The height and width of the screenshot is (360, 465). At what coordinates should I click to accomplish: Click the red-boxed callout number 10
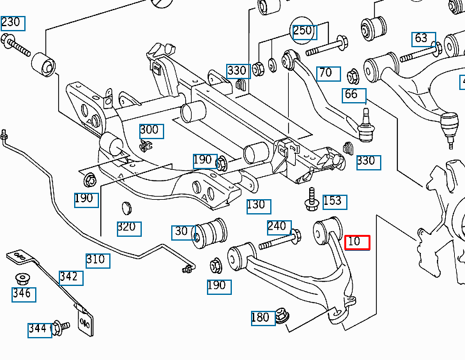[x=357, y=242]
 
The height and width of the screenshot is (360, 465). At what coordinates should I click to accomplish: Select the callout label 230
[x=11, y=22]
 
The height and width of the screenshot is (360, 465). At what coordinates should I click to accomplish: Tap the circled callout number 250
[x=303, y=31]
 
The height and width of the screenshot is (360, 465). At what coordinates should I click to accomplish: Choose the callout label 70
[x=326, y=73]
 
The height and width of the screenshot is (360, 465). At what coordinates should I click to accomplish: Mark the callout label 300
[x=149, y=130]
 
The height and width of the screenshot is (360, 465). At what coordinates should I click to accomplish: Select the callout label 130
[x=256, y=206]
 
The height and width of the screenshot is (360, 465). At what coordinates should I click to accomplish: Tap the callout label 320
[x=128, y=227]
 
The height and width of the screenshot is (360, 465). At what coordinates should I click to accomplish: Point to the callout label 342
[x=70, y=276]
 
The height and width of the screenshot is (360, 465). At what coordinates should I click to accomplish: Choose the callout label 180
[x=261, y=317]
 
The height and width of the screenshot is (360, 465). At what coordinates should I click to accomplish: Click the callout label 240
[x=277, y=226]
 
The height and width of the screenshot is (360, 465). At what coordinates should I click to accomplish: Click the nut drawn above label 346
[x=24, y=279]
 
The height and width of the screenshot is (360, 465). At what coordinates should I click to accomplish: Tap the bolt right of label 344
[x=61, y=327]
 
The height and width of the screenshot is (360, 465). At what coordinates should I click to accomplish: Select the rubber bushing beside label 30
[x=211, y=234]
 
